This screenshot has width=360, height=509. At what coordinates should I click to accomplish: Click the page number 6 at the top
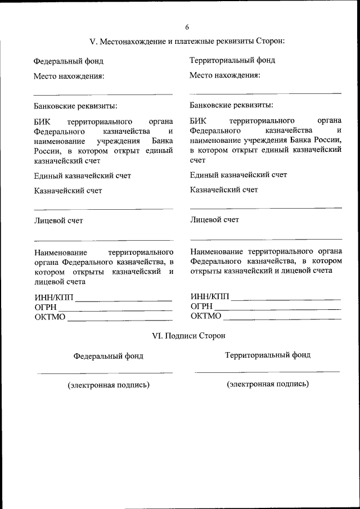187,27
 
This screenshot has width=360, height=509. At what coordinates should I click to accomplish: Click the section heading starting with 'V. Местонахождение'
187,42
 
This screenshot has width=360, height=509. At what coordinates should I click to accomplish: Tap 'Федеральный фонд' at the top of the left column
68,61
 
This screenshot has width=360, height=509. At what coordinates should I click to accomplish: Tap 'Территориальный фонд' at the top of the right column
232,60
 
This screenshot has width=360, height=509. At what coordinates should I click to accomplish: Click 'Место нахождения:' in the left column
69,76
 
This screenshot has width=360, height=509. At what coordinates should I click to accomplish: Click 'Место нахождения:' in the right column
225,76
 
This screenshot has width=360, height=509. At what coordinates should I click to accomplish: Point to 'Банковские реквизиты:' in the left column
75,106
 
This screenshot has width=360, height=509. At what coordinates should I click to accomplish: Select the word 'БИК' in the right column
199,121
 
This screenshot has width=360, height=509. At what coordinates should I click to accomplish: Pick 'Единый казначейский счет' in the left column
82,175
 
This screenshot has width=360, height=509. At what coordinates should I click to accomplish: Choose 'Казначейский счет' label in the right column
224,190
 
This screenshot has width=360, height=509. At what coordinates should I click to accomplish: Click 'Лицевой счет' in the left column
58,220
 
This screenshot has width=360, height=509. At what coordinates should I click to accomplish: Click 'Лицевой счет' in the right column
214,219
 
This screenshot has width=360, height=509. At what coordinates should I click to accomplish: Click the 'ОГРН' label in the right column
201,306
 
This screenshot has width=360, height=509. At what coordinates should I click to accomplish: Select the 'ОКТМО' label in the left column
49,317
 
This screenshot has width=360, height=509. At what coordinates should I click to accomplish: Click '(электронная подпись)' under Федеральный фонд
109,385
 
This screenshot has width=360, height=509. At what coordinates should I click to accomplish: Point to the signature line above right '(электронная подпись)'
267,371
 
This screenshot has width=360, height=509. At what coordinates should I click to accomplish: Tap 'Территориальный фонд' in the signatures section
267,355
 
